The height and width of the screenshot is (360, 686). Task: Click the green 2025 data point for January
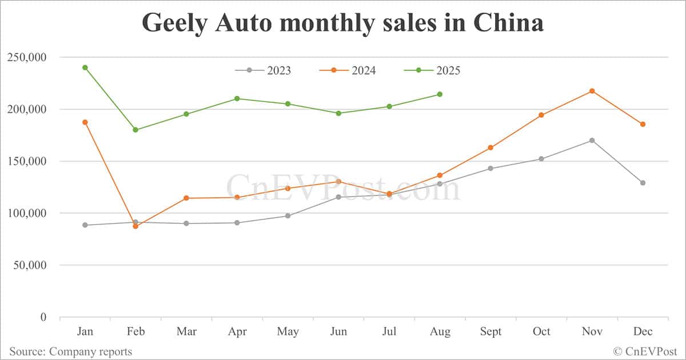tap(85, 67)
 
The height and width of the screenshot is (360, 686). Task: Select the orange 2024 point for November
tap(592, 91)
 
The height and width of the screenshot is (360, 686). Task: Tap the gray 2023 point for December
tap(643, 183)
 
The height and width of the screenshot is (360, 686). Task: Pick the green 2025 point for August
tap(440, 94)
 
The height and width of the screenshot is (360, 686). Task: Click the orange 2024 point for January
tap(85, 122)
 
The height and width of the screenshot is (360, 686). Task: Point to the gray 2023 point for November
tap(592, 141)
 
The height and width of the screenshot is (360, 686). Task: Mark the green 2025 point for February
tap(135, 130)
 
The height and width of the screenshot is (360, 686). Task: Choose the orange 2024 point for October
tap(541, 115)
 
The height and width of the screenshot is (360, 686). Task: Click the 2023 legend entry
tap(263, 70)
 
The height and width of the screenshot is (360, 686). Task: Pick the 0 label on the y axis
tap(44, 317)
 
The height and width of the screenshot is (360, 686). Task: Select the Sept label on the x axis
tap(490, 332)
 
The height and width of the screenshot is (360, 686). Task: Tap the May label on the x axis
tap(288, 332)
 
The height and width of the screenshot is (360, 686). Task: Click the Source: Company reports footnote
tap(70, 351)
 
